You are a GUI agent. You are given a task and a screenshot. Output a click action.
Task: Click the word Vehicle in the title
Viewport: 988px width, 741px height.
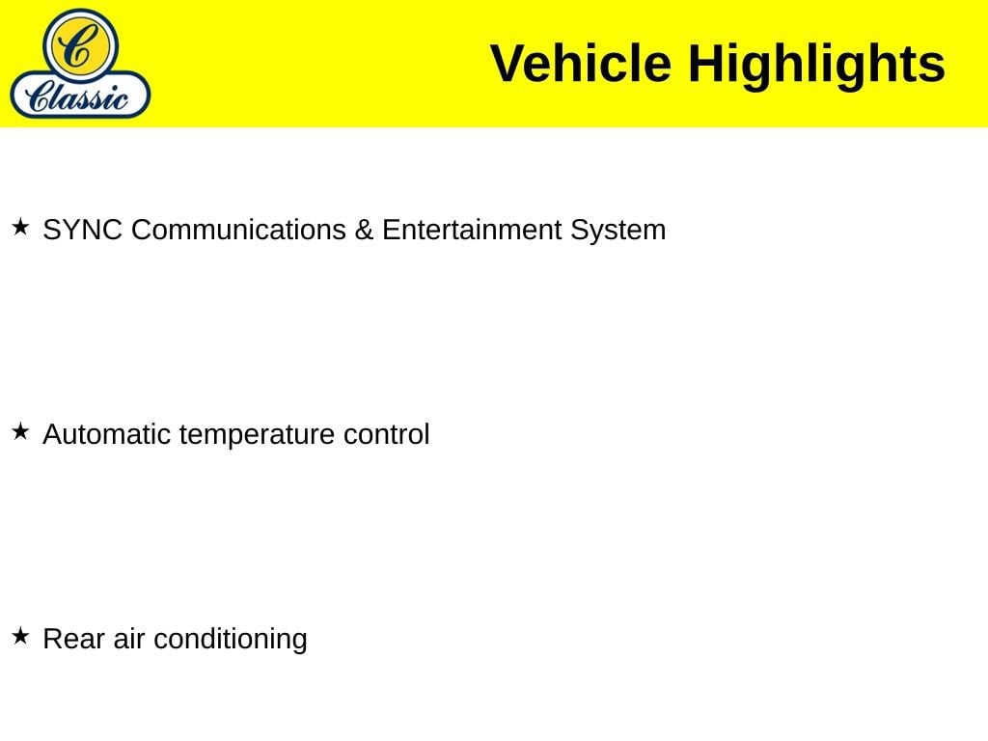tap(580, 64)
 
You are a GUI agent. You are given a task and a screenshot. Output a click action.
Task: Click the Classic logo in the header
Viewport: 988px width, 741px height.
tap(80, 63)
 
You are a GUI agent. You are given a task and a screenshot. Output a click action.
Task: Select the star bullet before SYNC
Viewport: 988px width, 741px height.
tap(20, 227)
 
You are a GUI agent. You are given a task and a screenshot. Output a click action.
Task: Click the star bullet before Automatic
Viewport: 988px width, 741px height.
tap(20, 431)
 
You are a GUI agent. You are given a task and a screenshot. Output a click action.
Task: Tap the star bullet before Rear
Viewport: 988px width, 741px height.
tap(20, 636)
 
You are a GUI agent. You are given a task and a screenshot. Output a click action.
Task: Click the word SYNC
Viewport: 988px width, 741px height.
tap(83, 230)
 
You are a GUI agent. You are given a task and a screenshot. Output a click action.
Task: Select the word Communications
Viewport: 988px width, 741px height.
tap(239, 230)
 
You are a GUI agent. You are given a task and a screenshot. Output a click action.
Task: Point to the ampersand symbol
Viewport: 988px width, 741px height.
tap(364, 230)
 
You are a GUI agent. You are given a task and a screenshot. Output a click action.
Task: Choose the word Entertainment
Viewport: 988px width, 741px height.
tap(472, 230)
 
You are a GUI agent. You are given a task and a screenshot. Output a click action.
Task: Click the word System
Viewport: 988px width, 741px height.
tap(618, 232)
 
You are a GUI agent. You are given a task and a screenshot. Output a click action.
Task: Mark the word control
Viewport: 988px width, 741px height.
tap(386, 434)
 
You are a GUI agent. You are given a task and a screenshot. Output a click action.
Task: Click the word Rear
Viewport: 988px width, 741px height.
tap(73, 639)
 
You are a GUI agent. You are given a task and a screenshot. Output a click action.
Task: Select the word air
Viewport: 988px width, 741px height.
tap(129, 639)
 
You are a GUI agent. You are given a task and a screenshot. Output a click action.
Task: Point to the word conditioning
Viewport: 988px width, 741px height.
tap(231, 641)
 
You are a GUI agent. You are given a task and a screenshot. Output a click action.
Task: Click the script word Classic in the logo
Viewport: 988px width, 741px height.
tap(77, 97)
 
